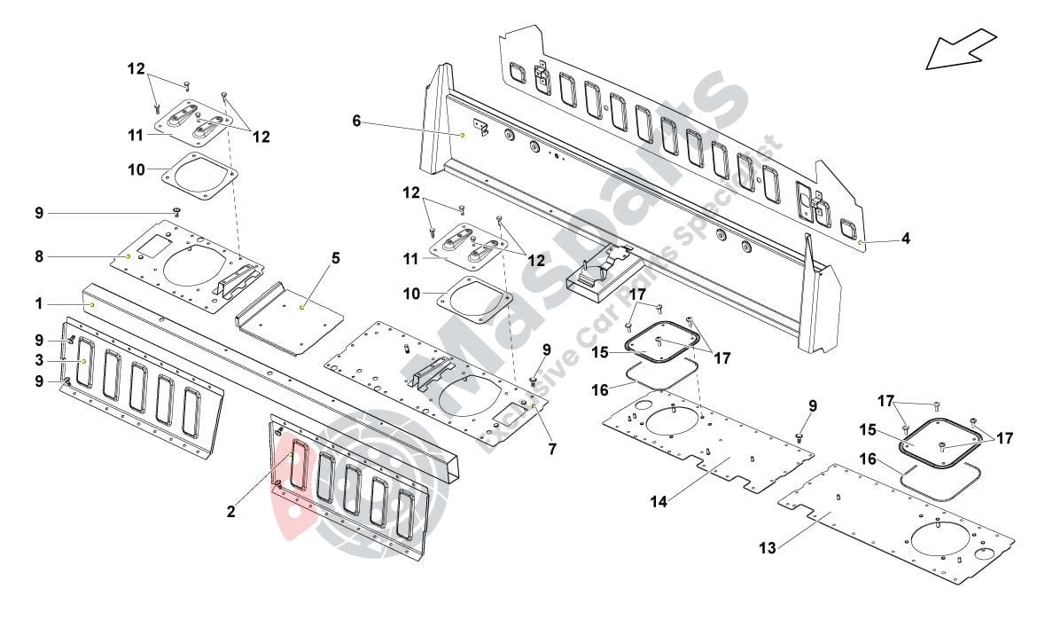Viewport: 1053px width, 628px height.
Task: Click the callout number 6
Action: point(356,121)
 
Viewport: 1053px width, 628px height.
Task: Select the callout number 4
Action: point(905,239)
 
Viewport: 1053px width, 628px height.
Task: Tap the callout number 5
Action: point(336,259)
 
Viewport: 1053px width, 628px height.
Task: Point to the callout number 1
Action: point(39,303)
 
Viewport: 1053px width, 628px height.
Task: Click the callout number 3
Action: point(39,360)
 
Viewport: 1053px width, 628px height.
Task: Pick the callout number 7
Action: point(552,450)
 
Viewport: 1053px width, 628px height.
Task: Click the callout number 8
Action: point(39,256)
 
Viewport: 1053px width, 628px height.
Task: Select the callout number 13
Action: point(768,548)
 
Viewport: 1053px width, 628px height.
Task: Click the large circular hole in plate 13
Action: point(937,539)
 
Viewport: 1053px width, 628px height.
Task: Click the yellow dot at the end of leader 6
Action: point(463,134)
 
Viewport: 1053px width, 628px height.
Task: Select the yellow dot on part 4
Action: point(861,240)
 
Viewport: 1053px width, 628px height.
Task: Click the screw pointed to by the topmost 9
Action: point(176,210)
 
